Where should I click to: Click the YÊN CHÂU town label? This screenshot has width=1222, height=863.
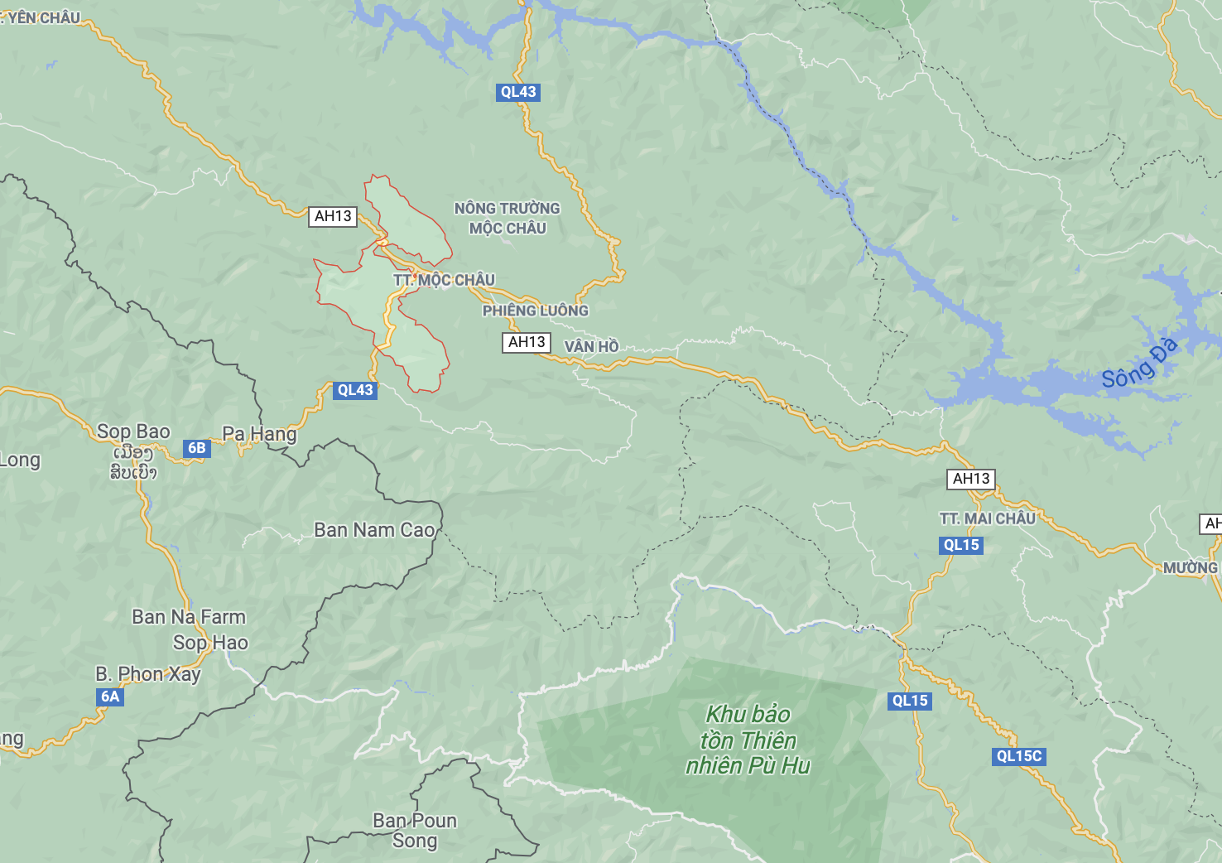(43, 17)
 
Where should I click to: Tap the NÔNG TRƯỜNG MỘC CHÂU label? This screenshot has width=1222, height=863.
(507, 218)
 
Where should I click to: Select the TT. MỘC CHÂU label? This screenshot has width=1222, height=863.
(444, 280)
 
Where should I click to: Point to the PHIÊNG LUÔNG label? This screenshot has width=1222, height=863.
(535, 311)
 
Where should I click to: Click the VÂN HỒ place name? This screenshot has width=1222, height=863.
(591, 346)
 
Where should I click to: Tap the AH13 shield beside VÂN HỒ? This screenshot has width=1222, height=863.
(527, 342)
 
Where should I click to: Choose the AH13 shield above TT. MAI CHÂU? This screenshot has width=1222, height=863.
(971, 479)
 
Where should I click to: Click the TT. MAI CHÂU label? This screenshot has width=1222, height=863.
(987, 518)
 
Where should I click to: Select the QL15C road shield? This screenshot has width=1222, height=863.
(1019, 756)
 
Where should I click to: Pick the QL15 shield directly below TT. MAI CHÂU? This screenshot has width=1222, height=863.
(961, 545)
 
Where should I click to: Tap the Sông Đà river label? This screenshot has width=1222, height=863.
(1139, 364)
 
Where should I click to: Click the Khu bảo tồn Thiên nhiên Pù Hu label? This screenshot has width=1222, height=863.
(748, 740)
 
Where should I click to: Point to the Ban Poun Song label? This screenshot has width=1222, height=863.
(415, 830)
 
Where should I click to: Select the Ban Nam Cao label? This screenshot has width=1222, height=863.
(374, 530)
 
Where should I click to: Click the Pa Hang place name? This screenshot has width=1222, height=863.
(259, 433)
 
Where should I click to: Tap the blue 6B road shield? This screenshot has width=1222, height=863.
(196, 448)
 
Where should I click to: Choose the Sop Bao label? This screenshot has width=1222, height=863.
(133, 431)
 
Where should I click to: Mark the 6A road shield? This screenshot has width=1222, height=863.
(110, 697)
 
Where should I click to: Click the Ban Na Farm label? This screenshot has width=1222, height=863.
(189, 617)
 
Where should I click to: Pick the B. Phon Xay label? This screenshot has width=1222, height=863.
(148, 674)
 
